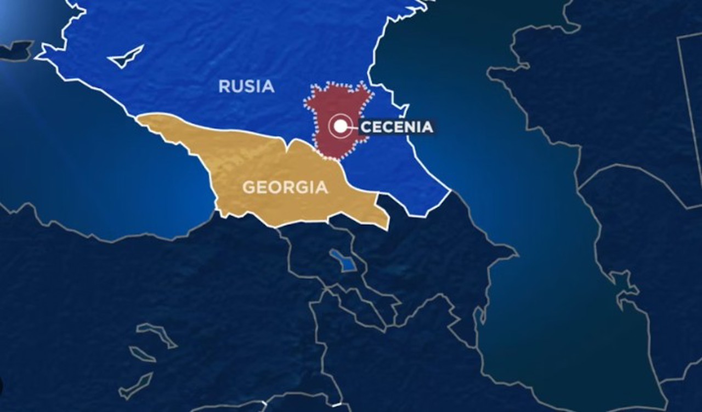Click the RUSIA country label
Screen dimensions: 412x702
pyautogui.click(x=246, y=86)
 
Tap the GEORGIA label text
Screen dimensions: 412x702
pyautogui.click(x=285, y=187)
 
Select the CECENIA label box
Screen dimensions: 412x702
pyautogui.click(x=397, y=127)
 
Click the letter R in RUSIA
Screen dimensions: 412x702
pyautogui.click(x=224, y=86)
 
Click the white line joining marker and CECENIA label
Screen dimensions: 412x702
pyautogui.click(x=354, y=127)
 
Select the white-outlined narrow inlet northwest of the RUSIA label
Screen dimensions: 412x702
pyautogui.click(x=127, y=57)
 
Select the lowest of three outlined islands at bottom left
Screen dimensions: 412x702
pyautogui.click(x=135, y=386)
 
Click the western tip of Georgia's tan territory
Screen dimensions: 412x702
pyautogui.click(x=140, y=118)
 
